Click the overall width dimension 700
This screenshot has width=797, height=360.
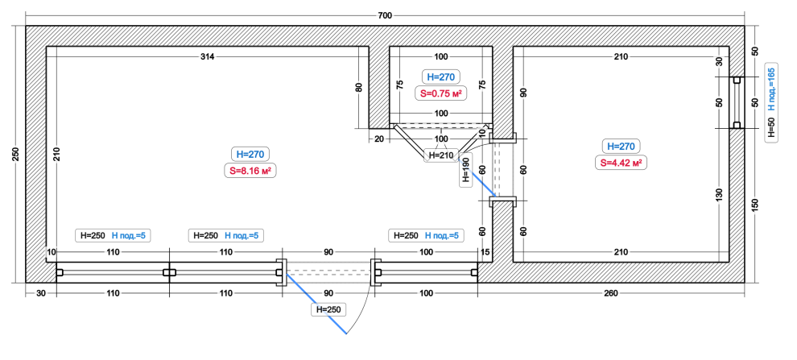point(385,16)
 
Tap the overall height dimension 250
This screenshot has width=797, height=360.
point(14,154)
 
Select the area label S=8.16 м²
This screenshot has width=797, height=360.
point(250,171)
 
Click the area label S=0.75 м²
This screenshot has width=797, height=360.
point(440,93)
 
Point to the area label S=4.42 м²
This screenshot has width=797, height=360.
point(621,163)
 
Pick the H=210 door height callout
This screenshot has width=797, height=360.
point(440,155)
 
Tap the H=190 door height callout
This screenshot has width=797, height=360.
point(465,170)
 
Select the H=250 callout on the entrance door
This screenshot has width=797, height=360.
point(328,308)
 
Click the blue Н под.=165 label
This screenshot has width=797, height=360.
point(771,89)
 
